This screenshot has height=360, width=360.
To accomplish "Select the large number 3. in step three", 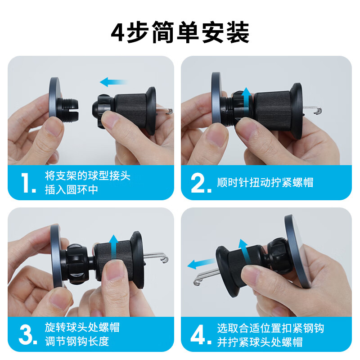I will point(28,334).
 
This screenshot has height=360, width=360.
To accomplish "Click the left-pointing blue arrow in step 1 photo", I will point(113,82).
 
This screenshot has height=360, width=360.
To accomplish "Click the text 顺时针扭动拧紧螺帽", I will point(265,182).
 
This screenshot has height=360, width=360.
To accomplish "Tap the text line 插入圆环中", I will point(72,189).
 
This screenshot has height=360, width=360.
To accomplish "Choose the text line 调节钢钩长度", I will point(77,342).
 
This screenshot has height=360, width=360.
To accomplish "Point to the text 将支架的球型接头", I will point(88,175).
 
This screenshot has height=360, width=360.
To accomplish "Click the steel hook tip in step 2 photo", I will point(319,110).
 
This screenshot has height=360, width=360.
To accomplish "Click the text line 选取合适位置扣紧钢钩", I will point(270,327).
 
